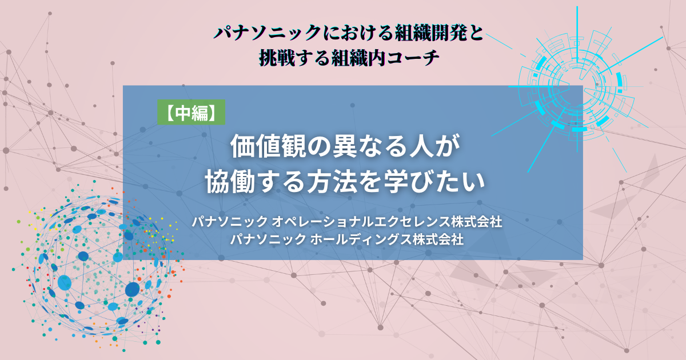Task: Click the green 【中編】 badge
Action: pos(191,112)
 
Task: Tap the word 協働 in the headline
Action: pos(230,182)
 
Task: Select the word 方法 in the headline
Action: pos(332,182)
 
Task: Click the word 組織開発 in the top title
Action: pos(430,33)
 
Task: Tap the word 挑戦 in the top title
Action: pos(277,58)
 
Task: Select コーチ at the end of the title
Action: pos(413,58)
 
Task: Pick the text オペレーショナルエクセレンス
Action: pos(361,221)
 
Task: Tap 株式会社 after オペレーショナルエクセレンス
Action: pos(476,221)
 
